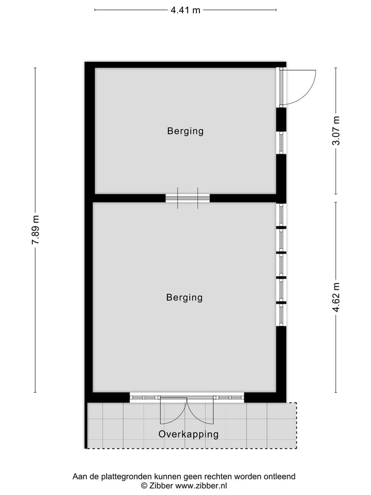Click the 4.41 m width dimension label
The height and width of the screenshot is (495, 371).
[x=185, y=10]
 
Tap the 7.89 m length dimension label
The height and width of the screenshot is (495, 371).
[x=35, y=230]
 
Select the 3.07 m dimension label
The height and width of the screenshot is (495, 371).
[x=336, y=131]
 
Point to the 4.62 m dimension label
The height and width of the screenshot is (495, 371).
[x=336, y=297]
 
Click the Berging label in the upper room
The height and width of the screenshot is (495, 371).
[x=185, y=131]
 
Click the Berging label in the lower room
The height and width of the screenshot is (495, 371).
[x=184, y=298]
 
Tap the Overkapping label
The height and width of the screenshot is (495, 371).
[x=188, y=434]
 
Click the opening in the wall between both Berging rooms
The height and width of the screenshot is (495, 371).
[x=188, y=198]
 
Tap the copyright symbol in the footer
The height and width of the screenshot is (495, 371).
[x=144, y=486]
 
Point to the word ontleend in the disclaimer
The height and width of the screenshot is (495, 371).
[x=278, y=477]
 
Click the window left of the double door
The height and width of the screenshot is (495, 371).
[x=144, y=398]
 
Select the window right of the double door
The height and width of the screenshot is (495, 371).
[x=229, y=398]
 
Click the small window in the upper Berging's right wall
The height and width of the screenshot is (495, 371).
[x=281, y=143]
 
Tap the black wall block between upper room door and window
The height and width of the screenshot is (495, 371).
[x=281, y=119]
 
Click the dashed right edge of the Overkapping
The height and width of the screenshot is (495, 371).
[x=296, y=425]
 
